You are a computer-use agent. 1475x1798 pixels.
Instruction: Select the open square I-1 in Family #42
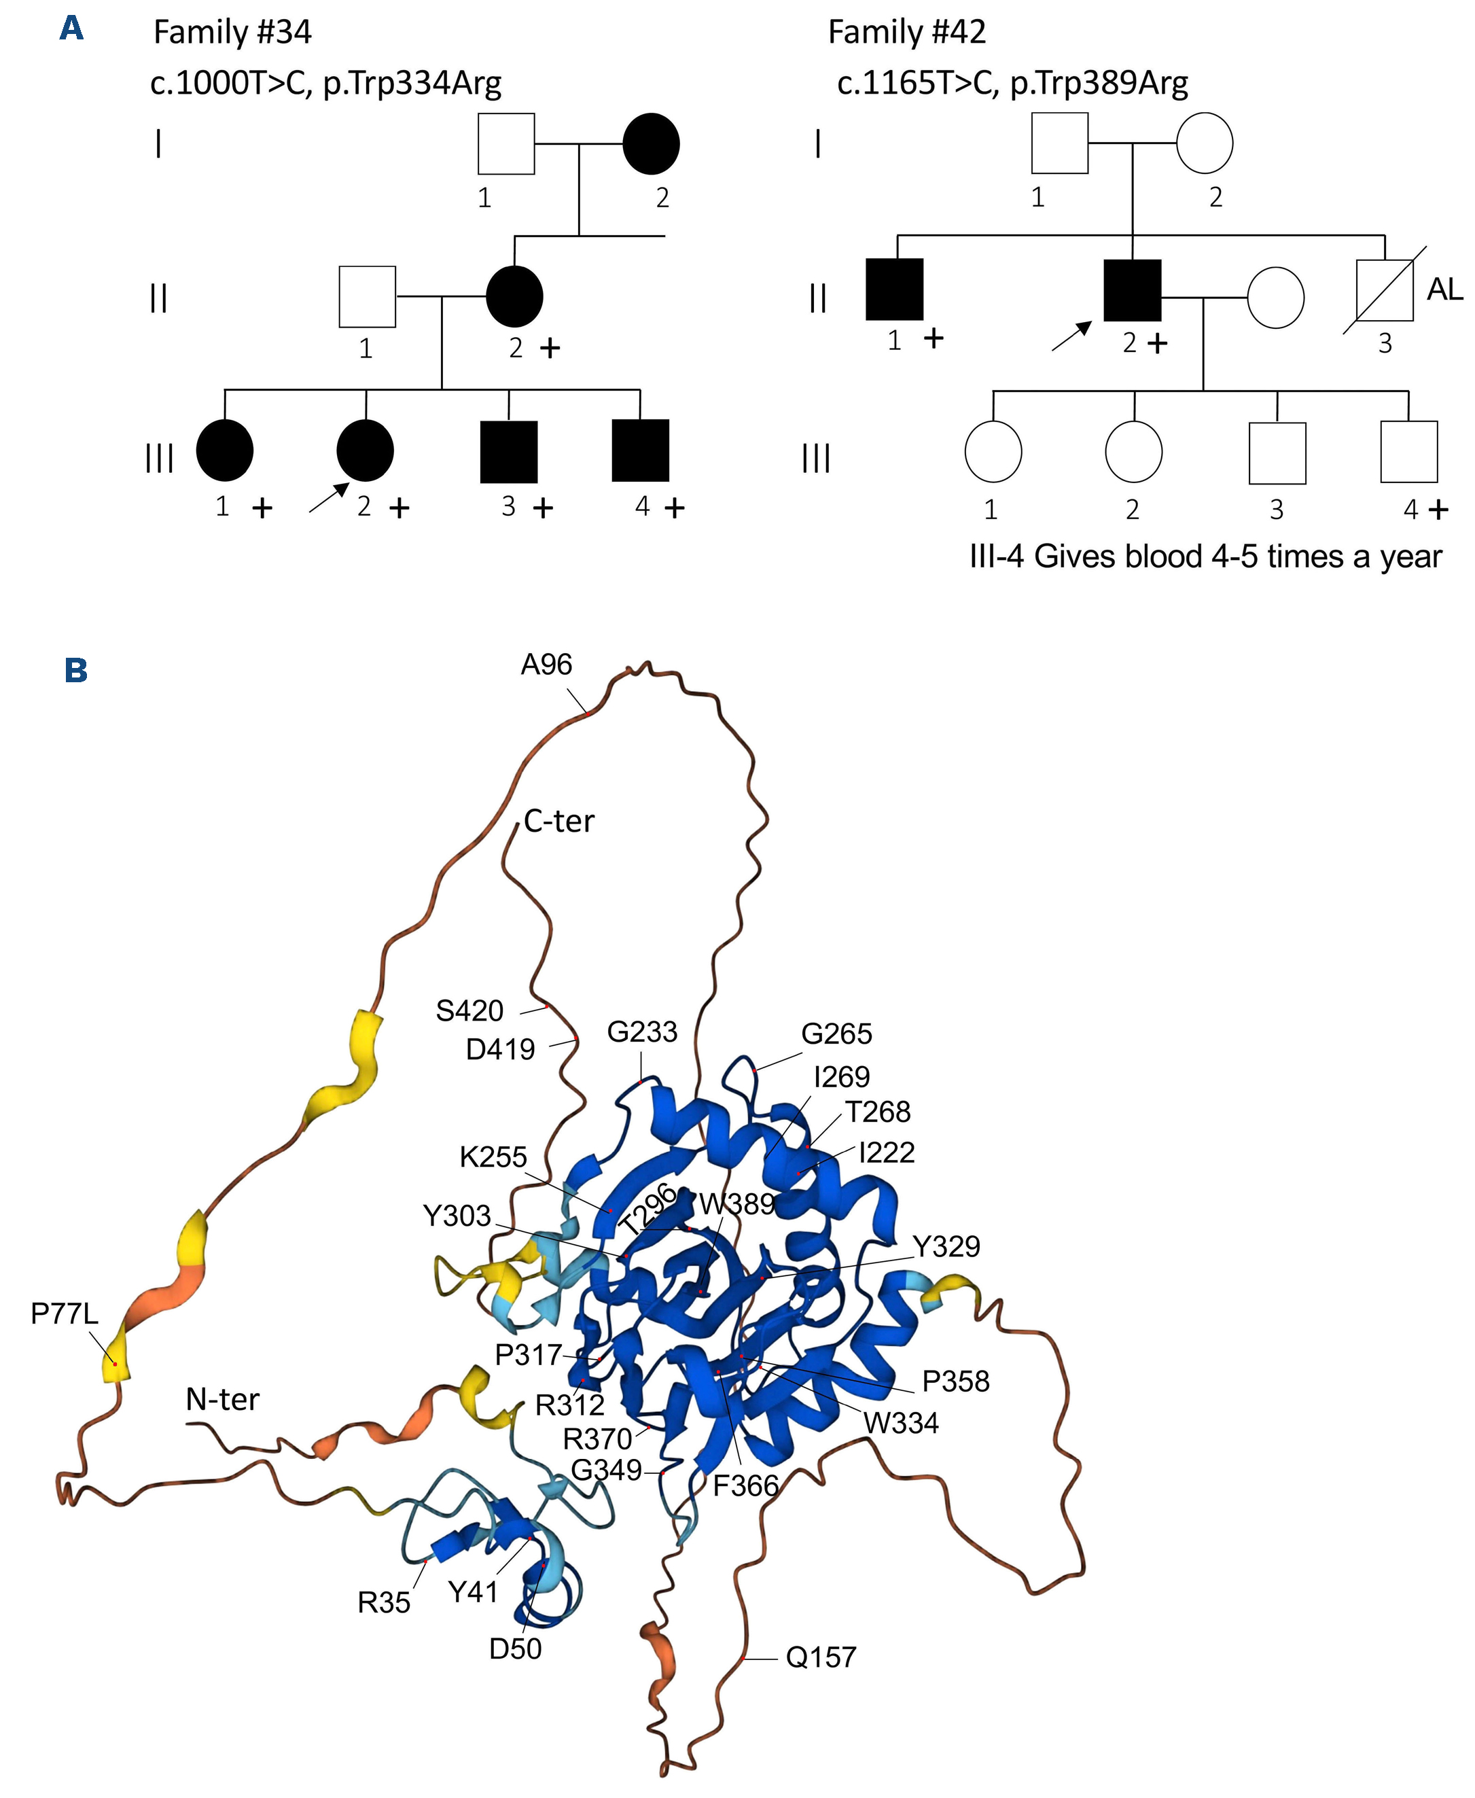[x=1059, y=143]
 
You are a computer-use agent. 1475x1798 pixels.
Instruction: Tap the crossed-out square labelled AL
[x=1384, y=289]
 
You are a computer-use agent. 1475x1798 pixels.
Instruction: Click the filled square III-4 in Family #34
[x=640, y=451]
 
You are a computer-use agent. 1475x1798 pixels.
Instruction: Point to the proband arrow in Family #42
[x=1071, y=336]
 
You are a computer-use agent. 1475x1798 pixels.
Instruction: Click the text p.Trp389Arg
[x=1099, y=84]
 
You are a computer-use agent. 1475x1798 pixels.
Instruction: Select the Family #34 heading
[x=232, y=33]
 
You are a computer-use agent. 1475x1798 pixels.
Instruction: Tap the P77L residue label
[x=65, y=1313]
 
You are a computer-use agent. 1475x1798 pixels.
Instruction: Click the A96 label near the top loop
[x=546, y=665]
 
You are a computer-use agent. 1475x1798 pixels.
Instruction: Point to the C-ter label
[x=559, y=821]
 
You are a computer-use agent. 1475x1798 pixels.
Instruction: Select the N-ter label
[x=223, y=1398]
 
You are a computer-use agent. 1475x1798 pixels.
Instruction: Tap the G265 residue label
[x=836, y=1034]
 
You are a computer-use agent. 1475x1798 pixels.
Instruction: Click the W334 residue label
[x=902, y=1422]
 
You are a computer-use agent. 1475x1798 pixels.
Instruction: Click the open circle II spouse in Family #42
[x=1275, y=298]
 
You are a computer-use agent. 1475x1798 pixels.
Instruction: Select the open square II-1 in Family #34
[x=367, y=296]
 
